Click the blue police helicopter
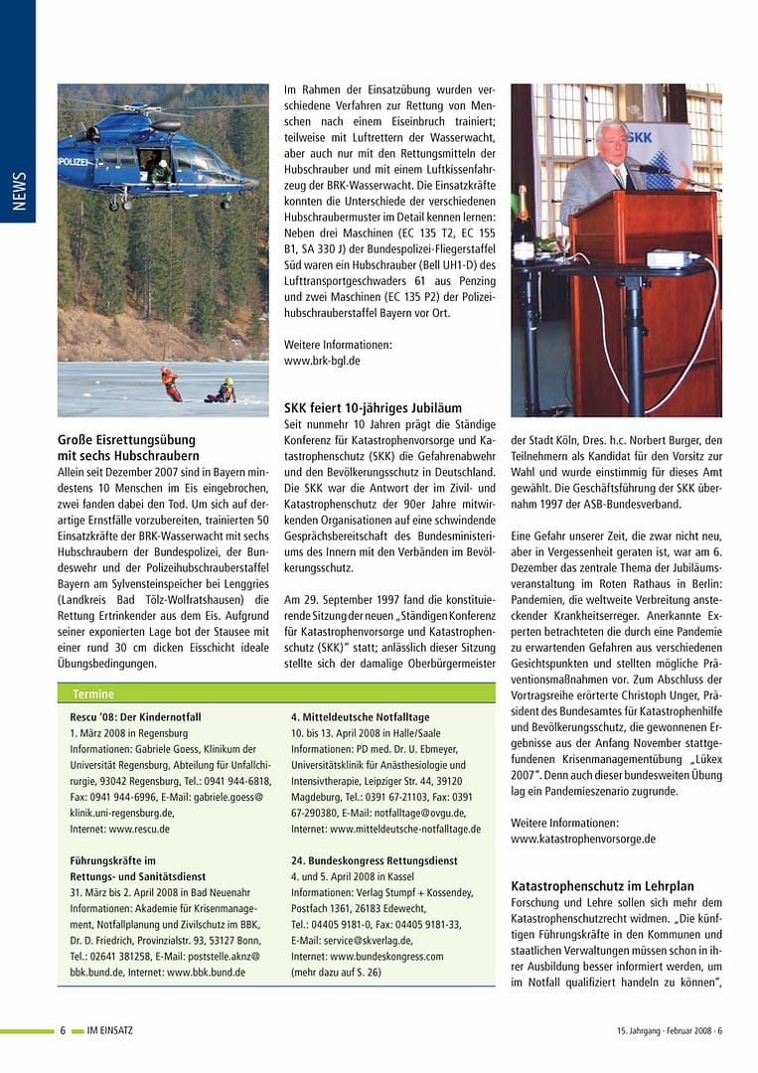click(149, 154)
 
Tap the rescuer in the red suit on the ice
click(171, 383)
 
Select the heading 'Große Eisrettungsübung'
click(126, 439)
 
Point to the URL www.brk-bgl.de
click(322, 361)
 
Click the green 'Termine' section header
click(93, 693)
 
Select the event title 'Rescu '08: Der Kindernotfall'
click(135, 716)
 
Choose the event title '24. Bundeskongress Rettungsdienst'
click(375, 860)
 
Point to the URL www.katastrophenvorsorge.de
click(582, 839)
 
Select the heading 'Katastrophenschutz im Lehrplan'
click(602, 886)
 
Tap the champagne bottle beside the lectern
click(523, 217)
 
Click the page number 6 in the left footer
click(63, 1030)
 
